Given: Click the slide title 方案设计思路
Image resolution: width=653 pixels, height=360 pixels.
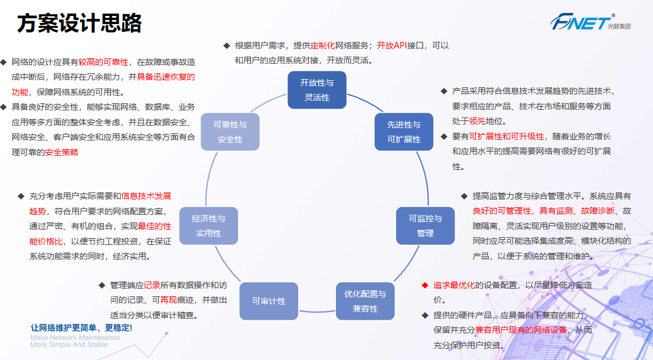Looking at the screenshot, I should tap(79, 24).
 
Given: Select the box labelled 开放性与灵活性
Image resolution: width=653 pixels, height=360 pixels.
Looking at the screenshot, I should tap(317, 90).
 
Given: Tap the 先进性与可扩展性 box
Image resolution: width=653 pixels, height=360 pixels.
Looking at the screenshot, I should tap(404, 132).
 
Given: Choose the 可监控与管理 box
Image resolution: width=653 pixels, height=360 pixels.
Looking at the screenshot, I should tap(425, 225).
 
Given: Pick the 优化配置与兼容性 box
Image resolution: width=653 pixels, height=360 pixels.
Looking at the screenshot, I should tap(365, 301).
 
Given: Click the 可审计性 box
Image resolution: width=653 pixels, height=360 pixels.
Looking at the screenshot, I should tap(269, 301).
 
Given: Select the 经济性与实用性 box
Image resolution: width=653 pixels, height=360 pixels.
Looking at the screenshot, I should tap(208, 225).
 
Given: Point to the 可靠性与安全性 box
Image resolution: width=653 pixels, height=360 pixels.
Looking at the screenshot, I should tap(230, 132).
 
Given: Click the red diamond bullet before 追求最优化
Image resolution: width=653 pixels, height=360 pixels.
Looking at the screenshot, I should tap(425, 285).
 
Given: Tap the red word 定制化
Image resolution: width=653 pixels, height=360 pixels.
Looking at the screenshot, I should tap(322, 45).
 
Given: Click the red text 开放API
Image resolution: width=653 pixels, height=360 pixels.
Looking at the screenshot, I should tap(392, 45).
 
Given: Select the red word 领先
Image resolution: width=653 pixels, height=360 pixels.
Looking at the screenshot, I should tap(477, 121).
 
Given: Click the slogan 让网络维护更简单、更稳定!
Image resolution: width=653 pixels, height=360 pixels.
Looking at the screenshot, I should tap(81, 328).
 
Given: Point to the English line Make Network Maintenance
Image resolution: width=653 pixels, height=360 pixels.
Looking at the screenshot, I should tap(75, 338).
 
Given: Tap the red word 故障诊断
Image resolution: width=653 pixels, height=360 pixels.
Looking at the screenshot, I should tap(598, 211).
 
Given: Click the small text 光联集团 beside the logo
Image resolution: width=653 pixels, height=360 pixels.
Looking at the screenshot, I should tap(619, 26).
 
